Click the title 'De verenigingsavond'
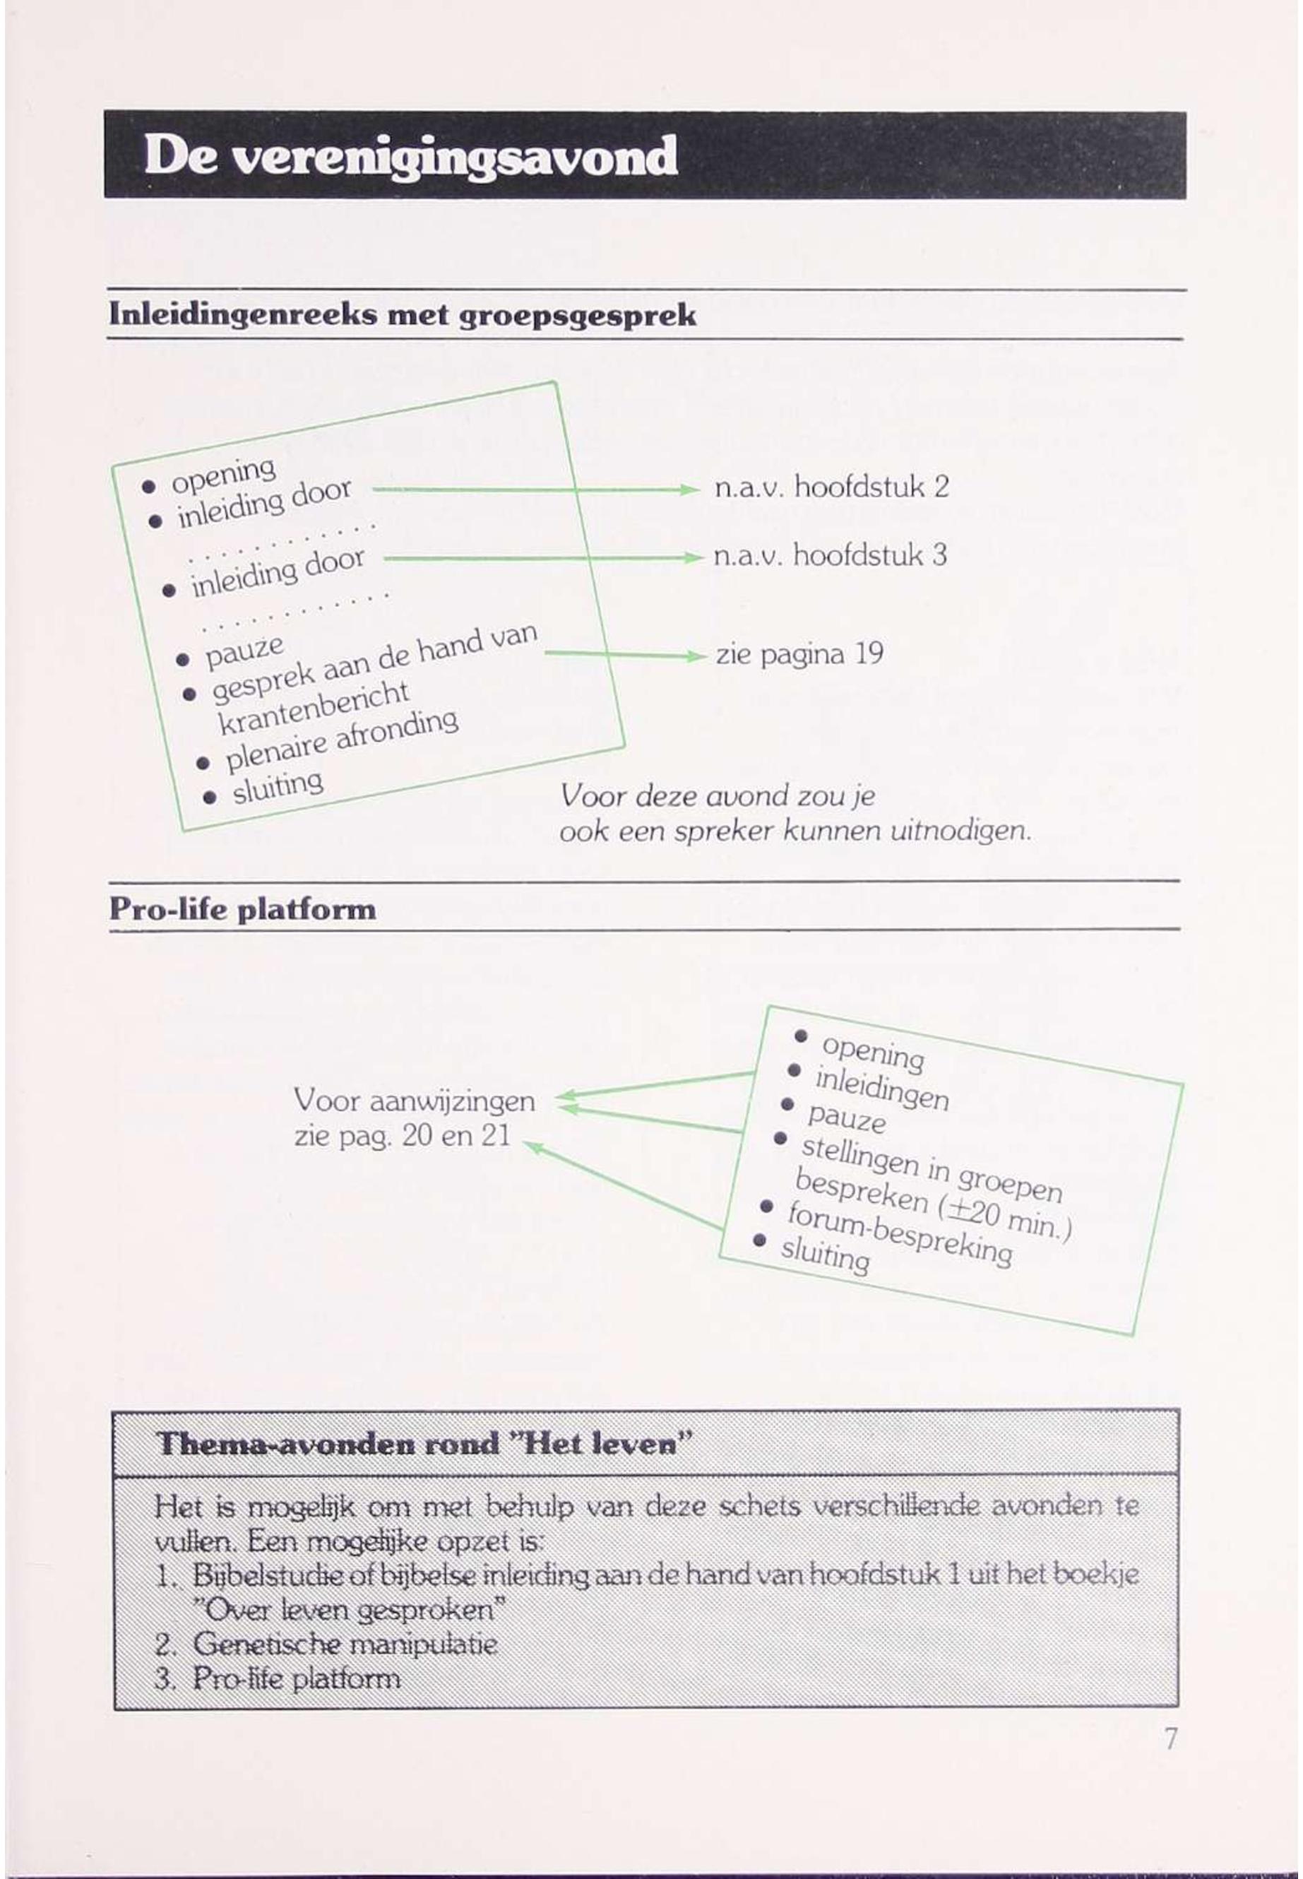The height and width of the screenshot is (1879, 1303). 410,156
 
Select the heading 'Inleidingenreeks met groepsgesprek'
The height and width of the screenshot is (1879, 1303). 402,315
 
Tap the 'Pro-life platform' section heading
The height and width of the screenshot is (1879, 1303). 242,910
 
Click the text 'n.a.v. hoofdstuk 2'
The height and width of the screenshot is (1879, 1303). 831,487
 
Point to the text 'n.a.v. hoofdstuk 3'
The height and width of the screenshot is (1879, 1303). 830,556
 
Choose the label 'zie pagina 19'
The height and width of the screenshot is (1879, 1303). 799,655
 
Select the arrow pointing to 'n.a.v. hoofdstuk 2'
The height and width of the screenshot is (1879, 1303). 535,489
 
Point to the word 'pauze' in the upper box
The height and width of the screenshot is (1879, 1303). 244,651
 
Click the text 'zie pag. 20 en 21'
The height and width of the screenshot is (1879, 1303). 402,1136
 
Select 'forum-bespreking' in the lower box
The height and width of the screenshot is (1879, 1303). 900,1234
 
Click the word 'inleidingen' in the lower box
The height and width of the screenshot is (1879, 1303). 881,1089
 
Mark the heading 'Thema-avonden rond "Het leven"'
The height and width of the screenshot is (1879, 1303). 424,1445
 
